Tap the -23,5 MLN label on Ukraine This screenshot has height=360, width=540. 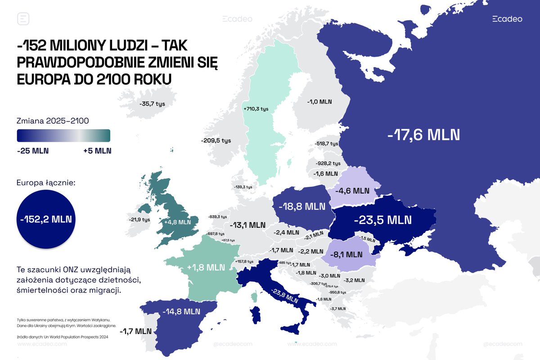382,220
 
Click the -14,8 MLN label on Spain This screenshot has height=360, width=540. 181,311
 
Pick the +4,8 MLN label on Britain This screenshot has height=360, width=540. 178,222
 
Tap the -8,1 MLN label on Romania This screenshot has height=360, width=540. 347,254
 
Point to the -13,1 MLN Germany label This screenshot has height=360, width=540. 247,225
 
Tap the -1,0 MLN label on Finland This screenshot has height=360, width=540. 319,102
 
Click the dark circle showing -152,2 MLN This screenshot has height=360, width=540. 45,220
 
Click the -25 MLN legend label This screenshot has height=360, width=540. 33,150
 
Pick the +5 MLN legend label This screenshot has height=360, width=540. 97,150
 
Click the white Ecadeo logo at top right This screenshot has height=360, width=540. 507,19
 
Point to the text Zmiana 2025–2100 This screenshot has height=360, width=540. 53,121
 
